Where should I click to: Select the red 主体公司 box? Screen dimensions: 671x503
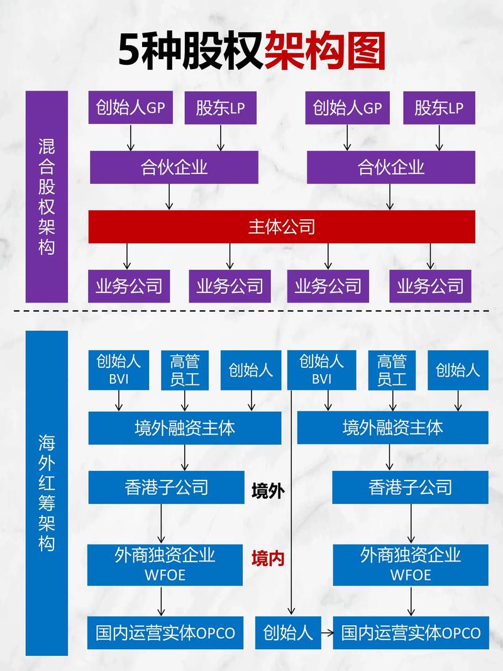(x=282, y=226)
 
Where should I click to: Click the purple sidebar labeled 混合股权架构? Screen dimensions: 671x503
(x=47, y=196)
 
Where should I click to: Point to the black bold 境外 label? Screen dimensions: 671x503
(x=268, y=491)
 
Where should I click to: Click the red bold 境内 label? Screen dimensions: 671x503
(x=268, y=558)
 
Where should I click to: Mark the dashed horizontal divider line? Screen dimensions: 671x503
(x=251, y=311)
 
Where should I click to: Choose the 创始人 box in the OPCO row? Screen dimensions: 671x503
(x=288, y=632)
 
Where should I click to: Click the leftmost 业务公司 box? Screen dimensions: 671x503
(x=129, y=286)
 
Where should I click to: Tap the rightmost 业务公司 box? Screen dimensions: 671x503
(x=430, y=286)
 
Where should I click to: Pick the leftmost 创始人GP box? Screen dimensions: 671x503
(x=131, y=108)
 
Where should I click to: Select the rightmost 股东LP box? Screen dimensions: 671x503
(x=439, y=108)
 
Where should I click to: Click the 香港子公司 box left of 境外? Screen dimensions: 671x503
(x=166, y=487)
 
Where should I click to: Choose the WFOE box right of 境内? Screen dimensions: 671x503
(x=411, y=564)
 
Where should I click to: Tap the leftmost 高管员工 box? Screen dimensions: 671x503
(x=185, y=370)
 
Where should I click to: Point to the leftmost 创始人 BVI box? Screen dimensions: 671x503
(x=119, y=370)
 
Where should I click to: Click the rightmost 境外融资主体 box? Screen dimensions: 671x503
(x=392, y=428)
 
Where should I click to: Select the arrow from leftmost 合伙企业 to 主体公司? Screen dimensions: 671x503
(x=169, y=197)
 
